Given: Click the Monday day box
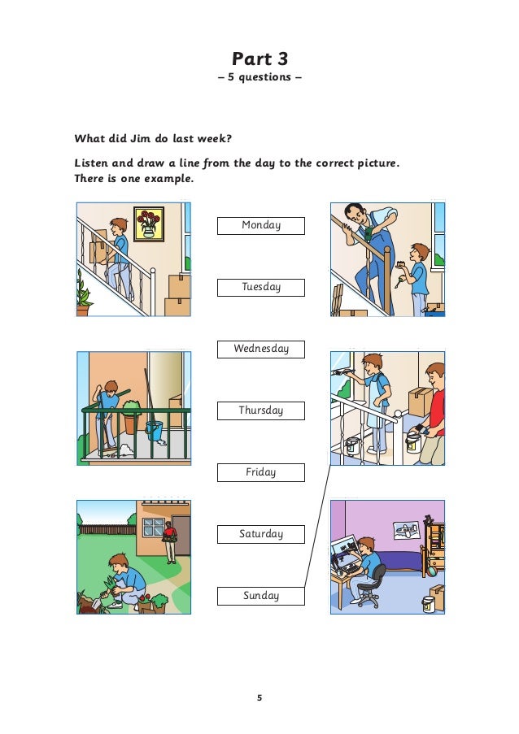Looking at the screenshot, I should (x=260, y=225).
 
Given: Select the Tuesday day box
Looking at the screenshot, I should (x=260, y=287).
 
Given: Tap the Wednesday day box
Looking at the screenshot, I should (x=260, y=349).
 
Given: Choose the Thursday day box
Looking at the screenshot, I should (x=260, y=410).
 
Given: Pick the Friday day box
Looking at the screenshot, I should (x=260, y=472).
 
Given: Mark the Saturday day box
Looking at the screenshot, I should (x=260, y=534).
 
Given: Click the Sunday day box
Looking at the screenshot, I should (x=260, y=596).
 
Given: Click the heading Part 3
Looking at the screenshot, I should (x=259, y=59).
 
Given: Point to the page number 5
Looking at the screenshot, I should (x=259, y=697).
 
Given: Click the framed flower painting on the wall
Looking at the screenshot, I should (x=149, y=223).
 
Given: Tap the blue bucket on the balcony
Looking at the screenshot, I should (x=155, y=430).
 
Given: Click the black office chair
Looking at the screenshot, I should (x=371, y=586).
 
